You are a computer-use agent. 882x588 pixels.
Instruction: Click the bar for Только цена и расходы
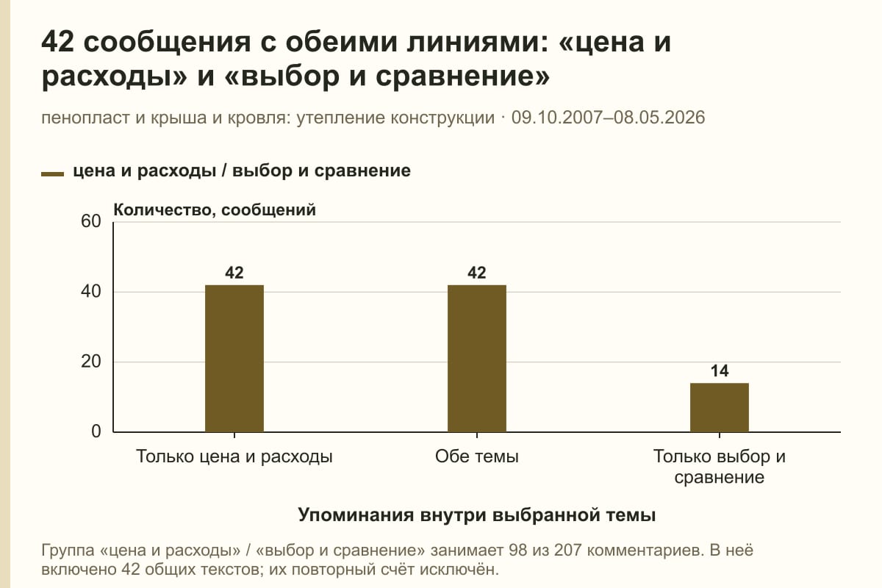(234, 359)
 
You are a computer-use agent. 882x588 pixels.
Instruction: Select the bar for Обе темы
(477, 359)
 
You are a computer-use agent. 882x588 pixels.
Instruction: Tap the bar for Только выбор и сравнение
(720, 408)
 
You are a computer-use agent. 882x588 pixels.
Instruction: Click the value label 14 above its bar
(720, 371)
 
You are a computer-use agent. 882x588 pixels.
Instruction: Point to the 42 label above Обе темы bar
(477, 273)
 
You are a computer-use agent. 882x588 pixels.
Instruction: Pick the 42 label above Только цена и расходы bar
(234, 273)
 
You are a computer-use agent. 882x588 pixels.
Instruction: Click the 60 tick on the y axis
(91, 221)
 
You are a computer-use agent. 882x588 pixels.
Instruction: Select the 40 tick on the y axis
(91, 292)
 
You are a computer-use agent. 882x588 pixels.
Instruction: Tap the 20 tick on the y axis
(91, 362)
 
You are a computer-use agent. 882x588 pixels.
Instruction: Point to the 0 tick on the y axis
(96, 431)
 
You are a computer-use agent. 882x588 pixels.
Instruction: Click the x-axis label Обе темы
(477, 457)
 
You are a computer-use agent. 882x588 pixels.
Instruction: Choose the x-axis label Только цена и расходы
(234, 457)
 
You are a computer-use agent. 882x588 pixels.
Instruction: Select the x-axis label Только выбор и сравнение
(720, 467)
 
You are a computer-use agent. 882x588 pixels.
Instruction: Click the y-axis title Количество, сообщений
(215, 210)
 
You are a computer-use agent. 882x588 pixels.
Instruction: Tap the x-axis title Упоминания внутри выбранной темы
(477, 515)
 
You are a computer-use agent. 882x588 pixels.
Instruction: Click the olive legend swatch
(52, 174)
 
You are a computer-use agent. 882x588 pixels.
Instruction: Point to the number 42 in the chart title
(57, 42)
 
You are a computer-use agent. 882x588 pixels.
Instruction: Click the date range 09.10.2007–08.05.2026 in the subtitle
(608, 118)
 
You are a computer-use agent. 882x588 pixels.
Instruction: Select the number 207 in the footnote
(568, 551)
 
